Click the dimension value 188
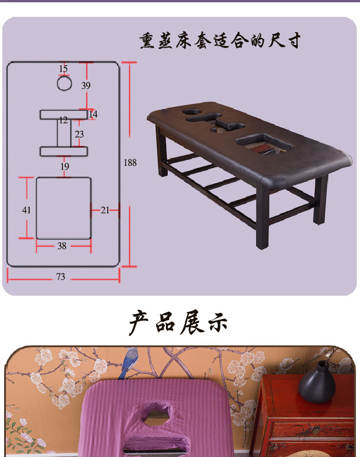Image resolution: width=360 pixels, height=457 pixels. click(130, 162)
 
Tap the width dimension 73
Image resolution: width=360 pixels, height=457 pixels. click(61, 277)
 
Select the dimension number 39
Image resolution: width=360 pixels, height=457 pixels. click(86, 85)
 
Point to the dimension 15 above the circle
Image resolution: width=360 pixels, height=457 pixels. click(63, 69)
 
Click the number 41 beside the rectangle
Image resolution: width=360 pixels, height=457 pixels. click(26, 210)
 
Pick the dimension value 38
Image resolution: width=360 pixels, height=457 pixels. click(62, 246)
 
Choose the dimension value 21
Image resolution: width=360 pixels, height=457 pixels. click(105, 210)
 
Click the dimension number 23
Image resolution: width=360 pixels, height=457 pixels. click(79, 134)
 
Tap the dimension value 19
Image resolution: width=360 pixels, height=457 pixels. click(65, 167)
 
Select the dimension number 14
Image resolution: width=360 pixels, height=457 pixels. click(93, 114)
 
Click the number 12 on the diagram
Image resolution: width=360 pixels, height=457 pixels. click(63, 120)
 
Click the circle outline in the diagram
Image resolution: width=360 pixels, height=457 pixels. click(64, 83)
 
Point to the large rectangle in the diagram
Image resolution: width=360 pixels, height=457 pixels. click(63, 208)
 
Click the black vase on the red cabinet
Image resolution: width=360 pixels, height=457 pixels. click(317, 383)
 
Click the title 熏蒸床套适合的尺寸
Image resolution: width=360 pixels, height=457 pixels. click(220, 41)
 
